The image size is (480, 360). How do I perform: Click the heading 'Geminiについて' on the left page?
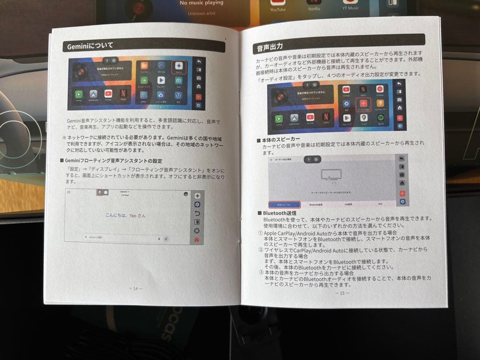(x=90, y=46)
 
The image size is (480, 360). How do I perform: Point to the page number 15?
(x=342, y=293)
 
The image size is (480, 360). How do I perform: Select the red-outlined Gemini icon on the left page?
(x=179, y=67)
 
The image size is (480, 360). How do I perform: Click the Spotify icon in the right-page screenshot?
(x=381, y=119)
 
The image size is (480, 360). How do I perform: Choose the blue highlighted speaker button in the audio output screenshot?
(x=284, y=205)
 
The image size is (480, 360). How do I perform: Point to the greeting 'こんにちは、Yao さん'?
(x=125, y=216)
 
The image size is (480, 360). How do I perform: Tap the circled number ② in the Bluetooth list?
(x=260, y=250)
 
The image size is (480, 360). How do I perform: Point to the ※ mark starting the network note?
(x=64, y=137)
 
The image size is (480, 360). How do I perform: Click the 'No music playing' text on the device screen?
(x=201, y=3)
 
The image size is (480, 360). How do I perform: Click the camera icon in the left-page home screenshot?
(x=178, y=81)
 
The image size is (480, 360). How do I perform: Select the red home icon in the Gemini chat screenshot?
(x=196, y=240)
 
